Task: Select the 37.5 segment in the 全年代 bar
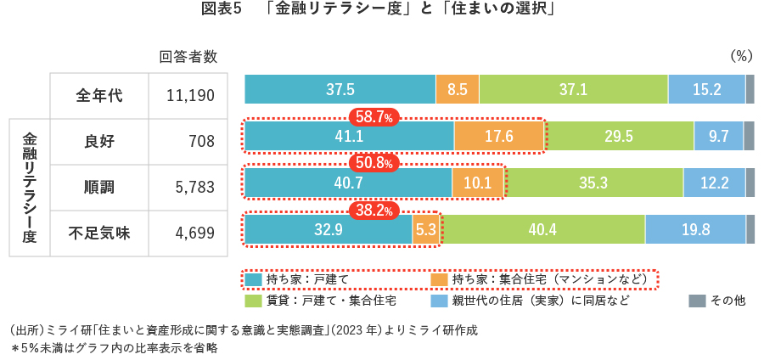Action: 340,89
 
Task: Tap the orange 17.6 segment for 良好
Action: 498,136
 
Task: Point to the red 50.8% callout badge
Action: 374,162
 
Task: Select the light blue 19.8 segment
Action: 694,229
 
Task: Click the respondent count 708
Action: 202,142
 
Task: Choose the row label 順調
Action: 99,187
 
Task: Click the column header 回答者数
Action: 188,57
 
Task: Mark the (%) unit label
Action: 741,57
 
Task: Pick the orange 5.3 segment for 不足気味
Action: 426,229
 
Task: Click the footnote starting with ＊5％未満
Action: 115,347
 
